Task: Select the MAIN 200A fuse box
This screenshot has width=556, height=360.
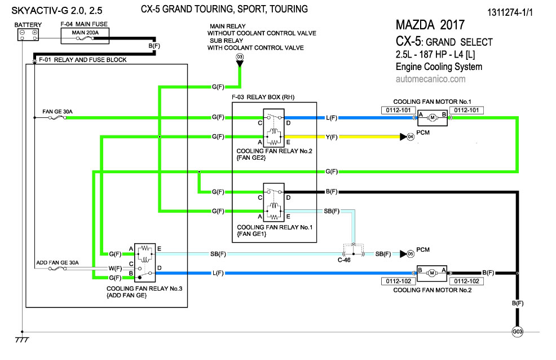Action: (85, 34)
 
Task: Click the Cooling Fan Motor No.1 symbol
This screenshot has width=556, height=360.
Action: (432, 118)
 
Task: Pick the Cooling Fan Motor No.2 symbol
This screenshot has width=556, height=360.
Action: (431, 273)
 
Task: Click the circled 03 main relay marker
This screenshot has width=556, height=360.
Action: (240, 57)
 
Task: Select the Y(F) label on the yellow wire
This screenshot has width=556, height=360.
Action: (331, 137)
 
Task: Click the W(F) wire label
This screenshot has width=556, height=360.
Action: (114, 268)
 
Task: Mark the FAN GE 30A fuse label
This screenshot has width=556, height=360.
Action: (57, 111)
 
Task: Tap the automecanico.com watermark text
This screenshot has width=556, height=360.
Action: (430, 79)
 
